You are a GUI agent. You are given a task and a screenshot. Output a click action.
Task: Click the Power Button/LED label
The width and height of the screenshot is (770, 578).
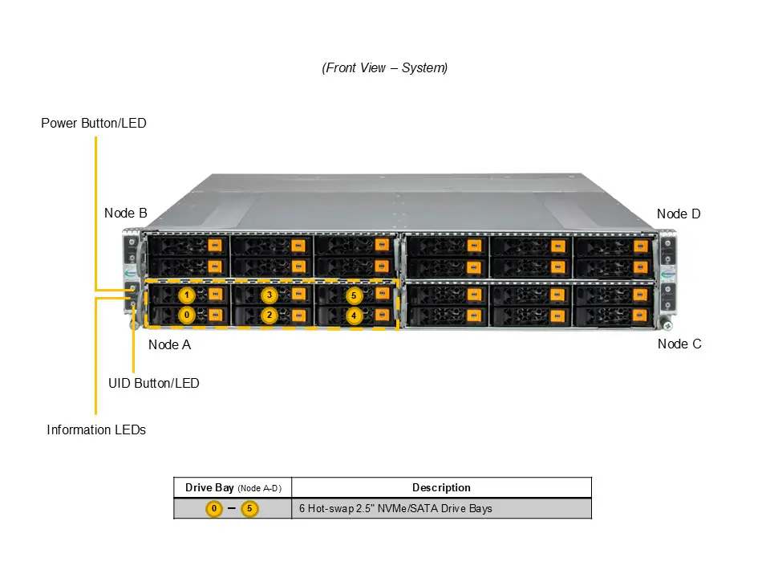point(94,124)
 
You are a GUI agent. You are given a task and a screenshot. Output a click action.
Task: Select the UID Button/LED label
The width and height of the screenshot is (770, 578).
point(153,384)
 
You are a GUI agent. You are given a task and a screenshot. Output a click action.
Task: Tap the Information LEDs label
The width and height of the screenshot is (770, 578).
point(96,430)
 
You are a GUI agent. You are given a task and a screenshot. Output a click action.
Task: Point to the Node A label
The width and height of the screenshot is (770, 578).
point(169,345)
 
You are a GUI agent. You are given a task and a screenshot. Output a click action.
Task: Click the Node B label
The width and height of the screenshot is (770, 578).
point(125,214)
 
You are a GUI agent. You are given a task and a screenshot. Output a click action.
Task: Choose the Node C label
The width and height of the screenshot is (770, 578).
point(679,344)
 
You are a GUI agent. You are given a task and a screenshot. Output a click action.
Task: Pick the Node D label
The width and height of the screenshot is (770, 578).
point(679,214)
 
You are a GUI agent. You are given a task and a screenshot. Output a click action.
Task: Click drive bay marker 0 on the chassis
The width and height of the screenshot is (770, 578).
point(186,315)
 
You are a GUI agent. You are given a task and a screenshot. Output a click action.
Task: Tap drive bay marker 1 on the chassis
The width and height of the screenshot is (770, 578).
point(186,295)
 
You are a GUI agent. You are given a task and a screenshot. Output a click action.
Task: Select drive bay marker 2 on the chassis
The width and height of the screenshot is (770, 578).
point(270,315)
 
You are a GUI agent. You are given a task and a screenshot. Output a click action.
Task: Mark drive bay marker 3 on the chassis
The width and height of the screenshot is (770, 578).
point(270,295)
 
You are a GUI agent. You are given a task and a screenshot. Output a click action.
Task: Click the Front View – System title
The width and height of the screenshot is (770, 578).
point(385,68)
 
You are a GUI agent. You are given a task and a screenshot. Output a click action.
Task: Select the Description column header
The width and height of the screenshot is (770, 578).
point(441,487)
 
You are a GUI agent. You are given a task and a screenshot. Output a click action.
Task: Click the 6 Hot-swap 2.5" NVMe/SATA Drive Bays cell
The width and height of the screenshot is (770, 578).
point(395,509)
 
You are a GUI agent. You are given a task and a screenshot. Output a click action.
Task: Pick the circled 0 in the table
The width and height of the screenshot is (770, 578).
point(214,509)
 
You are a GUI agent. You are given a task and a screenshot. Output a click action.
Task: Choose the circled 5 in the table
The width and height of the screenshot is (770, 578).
point(249,509)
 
